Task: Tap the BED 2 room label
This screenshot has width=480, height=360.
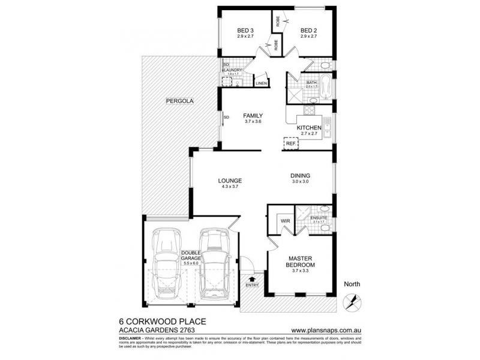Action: point(308,31)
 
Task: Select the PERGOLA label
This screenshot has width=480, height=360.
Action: point(179,101)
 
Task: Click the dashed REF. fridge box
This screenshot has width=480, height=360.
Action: point(291,143)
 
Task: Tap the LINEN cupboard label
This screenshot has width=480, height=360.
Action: point(261,83)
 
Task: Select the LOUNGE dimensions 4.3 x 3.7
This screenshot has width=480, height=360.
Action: point(229,186)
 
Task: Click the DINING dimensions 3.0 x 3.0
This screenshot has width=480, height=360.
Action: point(300,181)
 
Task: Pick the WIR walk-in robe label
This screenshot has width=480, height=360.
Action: point(286,221)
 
